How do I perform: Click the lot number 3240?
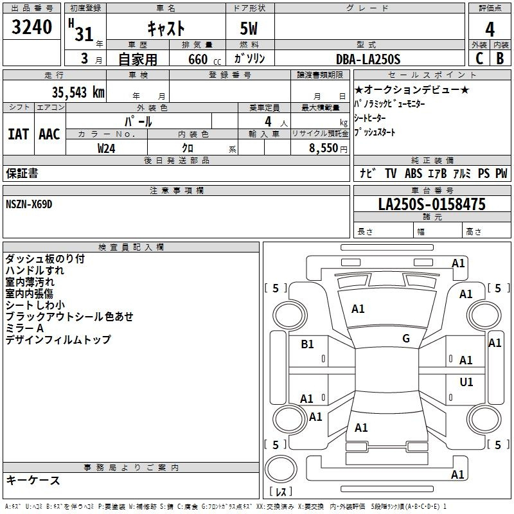[x=31, y=27]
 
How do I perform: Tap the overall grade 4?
[x=490, y=30]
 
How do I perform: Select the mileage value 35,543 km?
[x=78, y=93]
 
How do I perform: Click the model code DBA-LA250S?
[x=368, y=59]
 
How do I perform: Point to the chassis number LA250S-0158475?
[x=432, y=204]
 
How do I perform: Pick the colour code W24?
[x=106, y=148]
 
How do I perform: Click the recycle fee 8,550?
[x=323, y=148]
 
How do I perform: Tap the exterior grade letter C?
[x=479, y=58]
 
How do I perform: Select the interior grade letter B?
[x=500, y=58]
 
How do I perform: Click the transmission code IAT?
[x=18, y=134]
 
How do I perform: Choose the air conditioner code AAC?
[x=49, y=134]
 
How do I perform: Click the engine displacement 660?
[x=198, y=59]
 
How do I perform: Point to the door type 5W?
[x=249, y=28]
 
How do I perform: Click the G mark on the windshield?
[x=406, y=339]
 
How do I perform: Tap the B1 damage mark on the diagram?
[x=307, y=344]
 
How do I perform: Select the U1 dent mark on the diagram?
[x=466, y=382]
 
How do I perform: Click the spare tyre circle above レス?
[x=281, y=469]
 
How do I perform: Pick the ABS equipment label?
[x=413, y=173]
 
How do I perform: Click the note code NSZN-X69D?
[x=29, y=204]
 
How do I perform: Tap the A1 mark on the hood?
[x=358, y=308]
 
